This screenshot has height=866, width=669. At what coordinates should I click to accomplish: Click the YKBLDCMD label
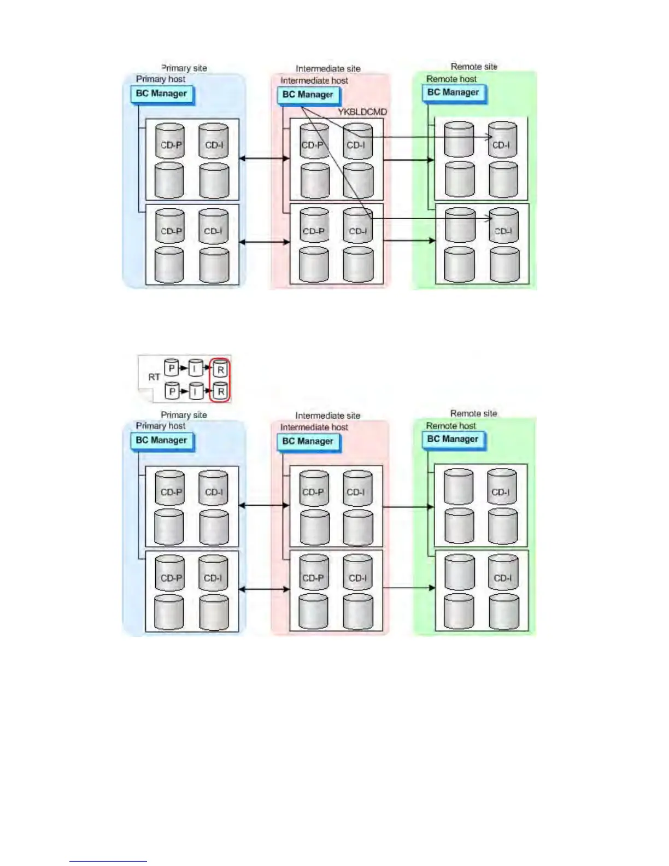(x=362, y=112)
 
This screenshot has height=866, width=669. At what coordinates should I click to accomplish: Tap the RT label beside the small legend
(x=154, y=377)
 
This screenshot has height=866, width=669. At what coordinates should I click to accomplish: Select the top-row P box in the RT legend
(x=172, y=368)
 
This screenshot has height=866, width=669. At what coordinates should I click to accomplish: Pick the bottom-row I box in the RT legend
(x=195, y=391)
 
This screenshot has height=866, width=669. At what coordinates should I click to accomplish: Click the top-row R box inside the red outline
(x=220, y=369)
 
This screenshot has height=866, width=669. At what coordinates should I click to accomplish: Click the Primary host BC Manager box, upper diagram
(x=162, y=93)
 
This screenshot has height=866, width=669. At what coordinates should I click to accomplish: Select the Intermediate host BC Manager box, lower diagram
(x=308, y=441)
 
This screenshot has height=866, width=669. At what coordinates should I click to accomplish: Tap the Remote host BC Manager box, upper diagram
(x=453, y=92)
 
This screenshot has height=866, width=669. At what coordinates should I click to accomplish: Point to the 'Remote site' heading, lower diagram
(x=473, y=413)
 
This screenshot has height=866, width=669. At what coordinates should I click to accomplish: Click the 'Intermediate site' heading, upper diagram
(x=328, y=69)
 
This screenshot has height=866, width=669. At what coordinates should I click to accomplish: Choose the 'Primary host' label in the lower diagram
(x=161, y=426)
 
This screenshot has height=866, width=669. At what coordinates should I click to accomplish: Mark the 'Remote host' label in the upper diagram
(x=451, y=79)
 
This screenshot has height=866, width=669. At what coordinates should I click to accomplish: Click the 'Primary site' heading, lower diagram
(x=184, y=415)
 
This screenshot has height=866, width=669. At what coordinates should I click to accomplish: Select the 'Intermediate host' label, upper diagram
(x=314, y=80)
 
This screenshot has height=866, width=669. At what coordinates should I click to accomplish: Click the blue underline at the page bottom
(x=108, y=861)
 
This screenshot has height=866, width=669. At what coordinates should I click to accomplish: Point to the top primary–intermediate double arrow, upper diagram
(x=265, y=159)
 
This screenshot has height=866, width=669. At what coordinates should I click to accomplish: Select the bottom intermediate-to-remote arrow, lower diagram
(x=409, y=588)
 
